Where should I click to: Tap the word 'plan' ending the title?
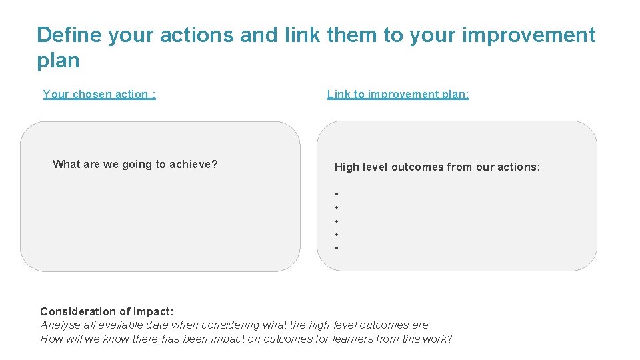58,61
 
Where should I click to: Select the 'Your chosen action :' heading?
99,94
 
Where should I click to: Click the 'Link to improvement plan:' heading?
398,94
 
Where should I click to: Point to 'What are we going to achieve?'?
135,164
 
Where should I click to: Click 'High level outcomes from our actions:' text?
437,167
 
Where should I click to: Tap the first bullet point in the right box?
337,194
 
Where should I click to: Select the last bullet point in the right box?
337,248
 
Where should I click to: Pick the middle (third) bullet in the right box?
337,221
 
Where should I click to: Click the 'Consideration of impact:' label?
107,311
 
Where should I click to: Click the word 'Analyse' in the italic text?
60,325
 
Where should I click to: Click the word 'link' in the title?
299,35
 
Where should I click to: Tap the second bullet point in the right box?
337,207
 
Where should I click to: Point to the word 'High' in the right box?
346,167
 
